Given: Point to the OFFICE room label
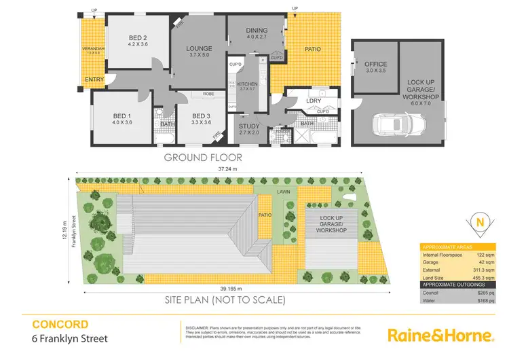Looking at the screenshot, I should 375,65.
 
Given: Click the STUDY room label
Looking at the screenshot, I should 249,126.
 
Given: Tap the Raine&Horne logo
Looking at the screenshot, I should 440,334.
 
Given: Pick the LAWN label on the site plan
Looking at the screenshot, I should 283,193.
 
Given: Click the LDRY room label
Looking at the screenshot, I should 313,101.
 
